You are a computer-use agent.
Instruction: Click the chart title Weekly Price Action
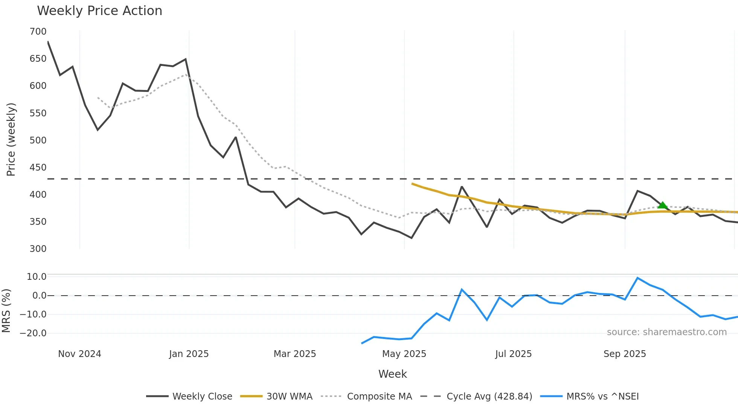click(99, 11)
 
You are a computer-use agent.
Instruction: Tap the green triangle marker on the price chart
click(662, 205)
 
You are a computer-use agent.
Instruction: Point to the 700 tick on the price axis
click(38, 32)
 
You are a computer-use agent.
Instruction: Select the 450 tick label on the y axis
click(38, 168)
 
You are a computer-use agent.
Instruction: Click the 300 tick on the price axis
click(38, 249)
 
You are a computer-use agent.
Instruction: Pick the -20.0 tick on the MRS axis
click(33, 333)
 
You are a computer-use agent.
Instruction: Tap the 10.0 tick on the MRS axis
click(37, 277)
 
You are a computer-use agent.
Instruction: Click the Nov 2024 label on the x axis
click(79, 354)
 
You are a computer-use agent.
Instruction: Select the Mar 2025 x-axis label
click(294, 354)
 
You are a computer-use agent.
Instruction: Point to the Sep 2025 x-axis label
click(625, 354)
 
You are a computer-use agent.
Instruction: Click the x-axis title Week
click(392, 374)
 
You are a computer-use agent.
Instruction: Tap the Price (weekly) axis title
click(11, 139)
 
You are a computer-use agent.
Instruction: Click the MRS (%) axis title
click(6, 311)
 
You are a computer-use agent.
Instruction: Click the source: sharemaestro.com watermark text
click(666, 332)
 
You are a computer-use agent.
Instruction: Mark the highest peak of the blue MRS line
click(637, 278)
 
